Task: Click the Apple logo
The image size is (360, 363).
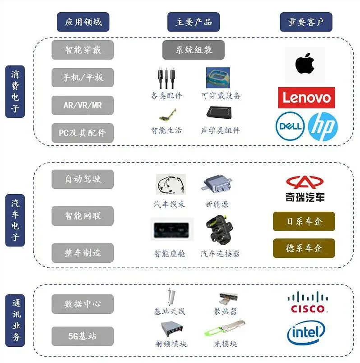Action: coord(305,64)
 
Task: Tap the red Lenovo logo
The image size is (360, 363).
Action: coord(306,98)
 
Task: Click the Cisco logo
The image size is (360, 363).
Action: coord(308,302)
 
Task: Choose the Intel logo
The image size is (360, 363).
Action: coord(306,333)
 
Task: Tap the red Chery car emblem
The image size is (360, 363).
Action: coord(305,182)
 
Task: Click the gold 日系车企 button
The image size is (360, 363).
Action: coord(304,222)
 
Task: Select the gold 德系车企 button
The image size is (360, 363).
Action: coord(304,248)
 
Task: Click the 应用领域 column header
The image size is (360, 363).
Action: coord(83,22)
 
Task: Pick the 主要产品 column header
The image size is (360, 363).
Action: coord(194,22)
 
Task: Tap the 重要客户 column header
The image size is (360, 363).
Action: coord(306,22)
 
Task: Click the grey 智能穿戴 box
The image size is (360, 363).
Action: coord(83,50)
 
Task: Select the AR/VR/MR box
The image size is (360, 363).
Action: coord(83,105)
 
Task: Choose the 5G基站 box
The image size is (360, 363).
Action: coord(83,336)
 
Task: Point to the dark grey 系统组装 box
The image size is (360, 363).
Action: coord(194,50)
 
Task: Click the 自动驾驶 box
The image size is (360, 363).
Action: coord(83,179)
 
